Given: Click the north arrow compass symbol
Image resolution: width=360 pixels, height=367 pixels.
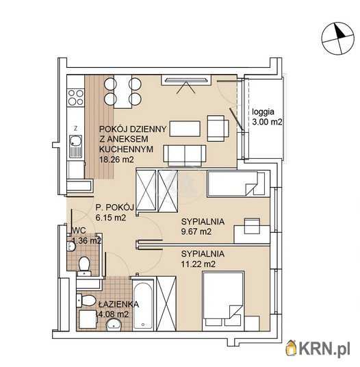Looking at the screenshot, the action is pos(337,38).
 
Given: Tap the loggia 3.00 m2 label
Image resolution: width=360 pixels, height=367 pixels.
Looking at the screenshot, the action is pos(267,117).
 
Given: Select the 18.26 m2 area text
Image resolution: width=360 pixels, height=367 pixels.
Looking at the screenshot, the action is pos(116,160).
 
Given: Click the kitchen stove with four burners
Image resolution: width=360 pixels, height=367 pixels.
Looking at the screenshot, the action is pos(76,97).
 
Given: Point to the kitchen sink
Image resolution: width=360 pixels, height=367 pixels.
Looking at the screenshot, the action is pos(76,147).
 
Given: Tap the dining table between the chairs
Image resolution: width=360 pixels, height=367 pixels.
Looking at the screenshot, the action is pos(123,92).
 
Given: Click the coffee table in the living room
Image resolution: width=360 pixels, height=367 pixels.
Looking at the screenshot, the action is pos(185,129).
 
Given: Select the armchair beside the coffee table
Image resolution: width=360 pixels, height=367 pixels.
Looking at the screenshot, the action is pos(218,128).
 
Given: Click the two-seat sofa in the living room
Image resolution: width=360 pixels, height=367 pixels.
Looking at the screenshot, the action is pos(185,155).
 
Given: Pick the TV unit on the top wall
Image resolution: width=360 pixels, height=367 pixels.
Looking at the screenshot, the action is pos(186,80).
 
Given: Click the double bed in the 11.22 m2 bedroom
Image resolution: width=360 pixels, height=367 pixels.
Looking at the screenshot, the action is pos(223,301).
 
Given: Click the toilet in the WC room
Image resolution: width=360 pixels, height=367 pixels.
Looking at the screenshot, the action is pos(84,266).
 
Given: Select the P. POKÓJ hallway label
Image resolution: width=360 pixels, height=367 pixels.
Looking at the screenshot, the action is pos(114,207).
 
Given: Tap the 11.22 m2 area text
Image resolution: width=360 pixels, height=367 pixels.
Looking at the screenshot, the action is pos(198,264).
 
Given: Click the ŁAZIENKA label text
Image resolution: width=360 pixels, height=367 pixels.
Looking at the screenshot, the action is pos(118,304).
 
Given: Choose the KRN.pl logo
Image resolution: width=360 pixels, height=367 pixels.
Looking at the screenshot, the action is pos(318,349).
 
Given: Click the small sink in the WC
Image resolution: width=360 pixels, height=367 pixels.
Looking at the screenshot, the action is pos(70,246).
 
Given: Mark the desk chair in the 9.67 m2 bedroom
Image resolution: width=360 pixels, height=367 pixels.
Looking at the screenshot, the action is pos(252,226).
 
